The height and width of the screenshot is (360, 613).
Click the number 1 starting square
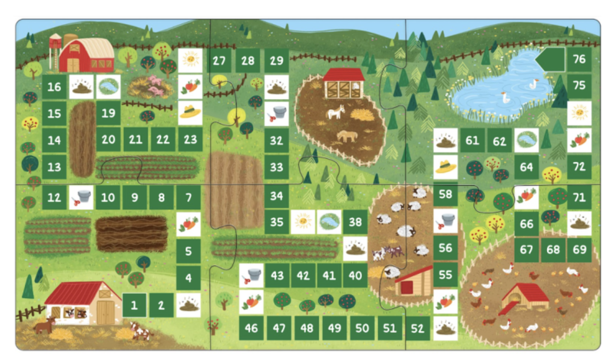tap(134, 305)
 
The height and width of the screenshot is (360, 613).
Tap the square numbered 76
tap(579, 59)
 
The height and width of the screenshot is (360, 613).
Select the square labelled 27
tap(219, 60)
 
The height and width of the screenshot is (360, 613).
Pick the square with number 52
tap(417, 328)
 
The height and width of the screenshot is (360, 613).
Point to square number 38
tap(355, 222)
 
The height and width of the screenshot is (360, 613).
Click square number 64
tap(526, 167)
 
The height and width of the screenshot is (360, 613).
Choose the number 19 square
tap(108, 113)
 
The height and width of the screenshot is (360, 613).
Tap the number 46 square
tap(251, 328)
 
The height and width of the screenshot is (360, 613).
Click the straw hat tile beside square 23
tap(190, 112)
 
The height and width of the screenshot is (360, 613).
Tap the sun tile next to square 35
tap(303, 222)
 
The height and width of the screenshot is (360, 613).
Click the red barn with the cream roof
tap(87, 56)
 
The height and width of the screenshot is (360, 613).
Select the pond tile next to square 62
tap(526, 140)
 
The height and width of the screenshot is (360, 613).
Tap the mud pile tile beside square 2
tap(188, 305)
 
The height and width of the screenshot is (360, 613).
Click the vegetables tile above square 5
tap(188, 224)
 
